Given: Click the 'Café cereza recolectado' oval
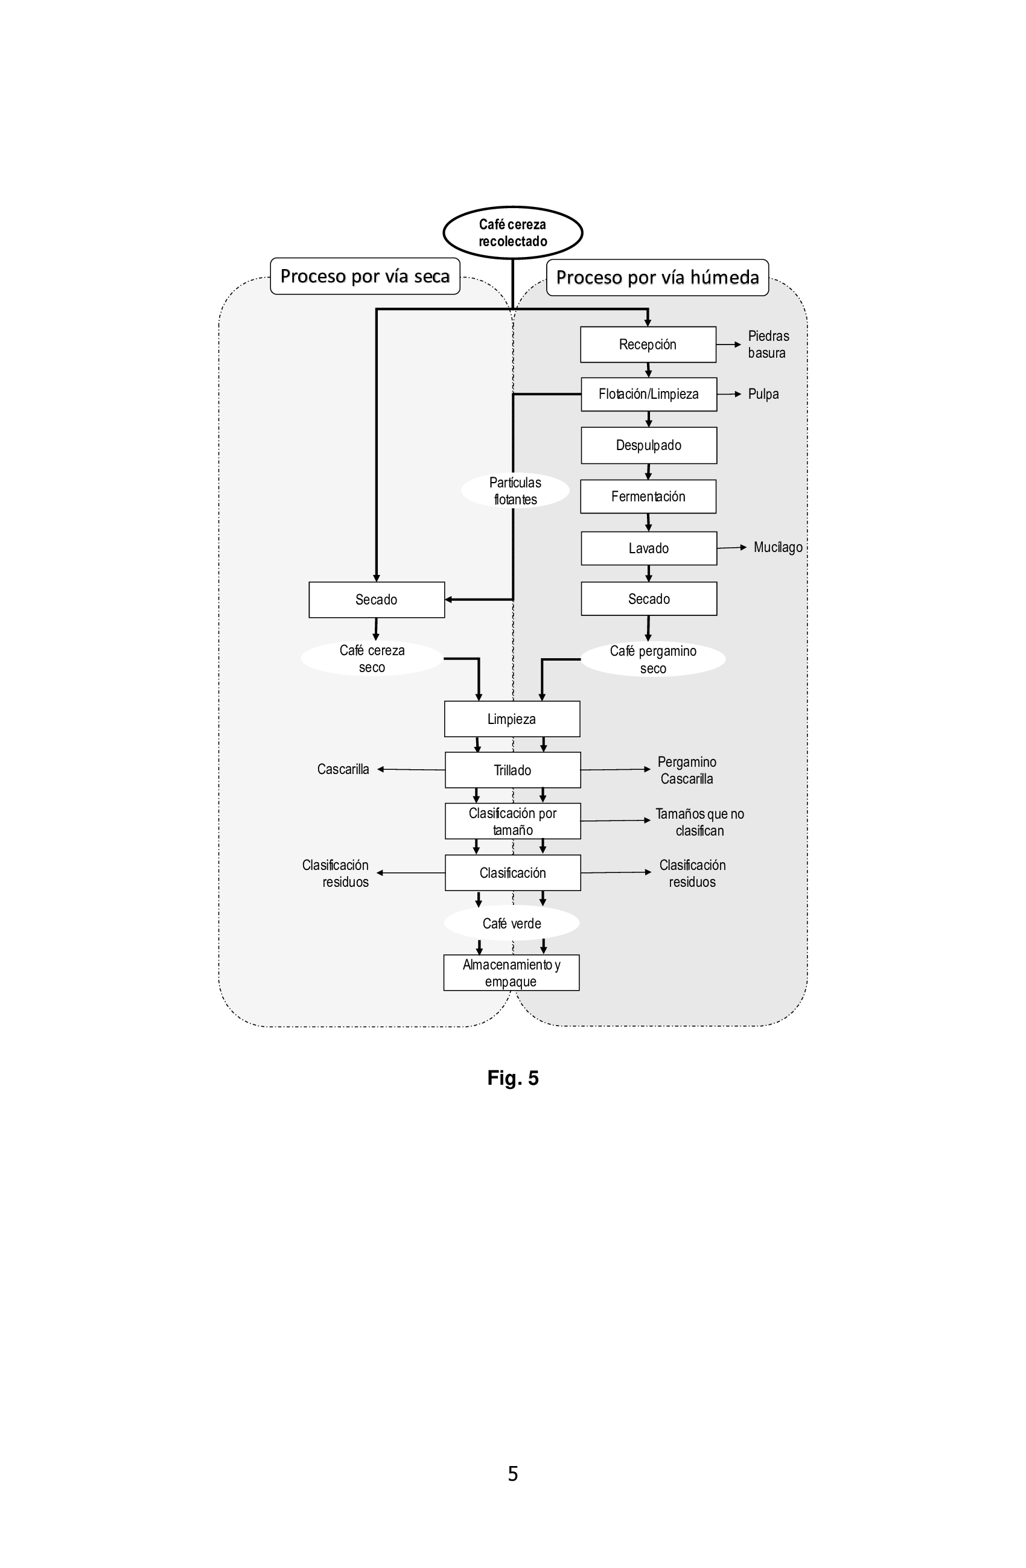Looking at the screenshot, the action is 512,232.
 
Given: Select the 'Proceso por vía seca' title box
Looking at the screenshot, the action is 365,276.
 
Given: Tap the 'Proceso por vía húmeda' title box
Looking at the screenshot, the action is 658,278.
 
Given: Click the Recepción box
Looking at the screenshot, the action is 648,344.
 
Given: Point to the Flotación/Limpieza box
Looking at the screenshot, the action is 648,394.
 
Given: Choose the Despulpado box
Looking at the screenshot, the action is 648,445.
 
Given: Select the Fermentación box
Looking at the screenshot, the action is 648,496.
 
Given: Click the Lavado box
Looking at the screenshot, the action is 648,548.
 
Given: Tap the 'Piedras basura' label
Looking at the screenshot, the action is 768,344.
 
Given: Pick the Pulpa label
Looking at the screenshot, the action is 763,394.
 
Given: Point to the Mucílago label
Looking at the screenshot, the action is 777,547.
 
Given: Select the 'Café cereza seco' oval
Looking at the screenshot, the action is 372,658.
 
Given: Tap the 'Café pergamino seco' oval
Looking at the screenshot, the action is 653,659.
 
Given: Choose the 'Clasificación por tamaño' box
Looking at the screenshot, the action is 512,821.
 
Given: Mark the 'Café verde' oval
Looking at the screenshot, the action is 511,923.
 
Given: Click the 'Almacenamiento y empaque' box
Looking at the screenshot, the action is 511,973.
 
